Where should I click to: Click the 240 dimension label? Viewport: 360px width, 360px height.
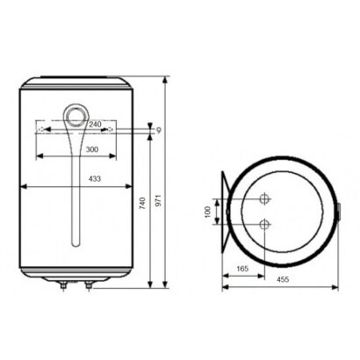coord(95,124)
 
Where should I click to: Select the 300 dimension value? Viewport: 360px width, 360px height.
coord(92,149)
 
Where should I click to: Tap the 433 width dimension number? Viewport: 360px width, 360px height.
coord(95,178)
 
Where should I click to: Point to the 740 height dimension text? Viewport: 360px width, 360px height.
coord(142,204)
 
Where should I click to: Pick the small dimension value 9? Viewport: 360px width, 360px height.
coord(159,130)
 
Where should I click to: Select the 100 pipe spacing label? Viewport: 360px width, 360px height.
coord(207,212)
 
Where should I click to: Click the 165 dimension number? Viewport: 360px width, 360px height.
coord(242,269)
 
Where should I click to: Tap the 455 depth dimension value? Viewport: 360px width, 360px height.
coord(283,279)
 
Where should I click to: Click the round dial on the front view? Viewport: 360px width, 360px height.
coord(76,115)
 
